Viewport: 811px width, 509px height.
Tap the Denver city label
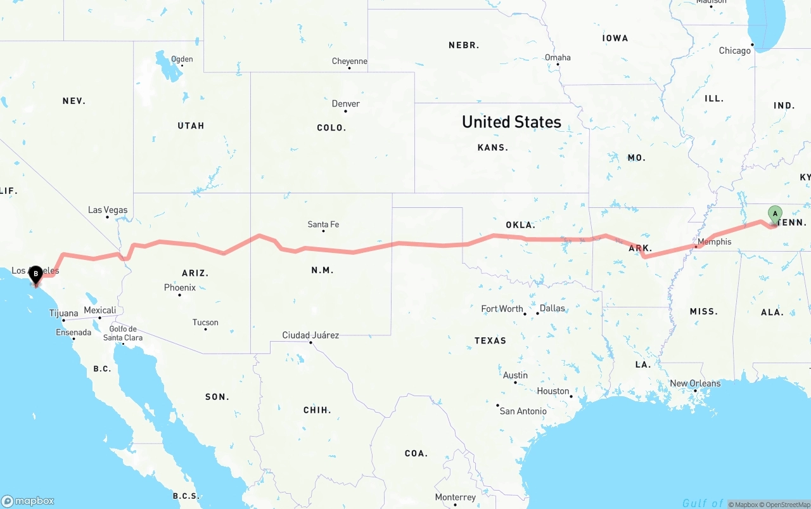pos(346,103)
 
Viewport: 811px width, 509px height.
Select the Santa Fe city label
pos(323,224)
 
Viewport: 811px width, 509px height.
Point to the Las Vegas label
pos(108,210)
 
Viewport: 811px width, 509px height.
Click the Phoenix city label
pos(180,287)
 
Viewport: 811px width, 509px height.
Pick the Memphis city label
pos(714,242)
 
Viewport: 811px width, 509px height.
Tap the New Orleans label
pos(695,383)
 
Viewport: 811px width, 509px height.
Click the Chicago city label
pos(734,51)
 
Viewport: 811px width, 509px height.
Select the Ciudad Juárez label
pos(310,335)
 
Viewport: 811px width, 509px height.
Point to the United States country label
pos(511,122)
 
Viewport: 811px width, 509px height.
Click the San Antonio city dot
pos(498,405)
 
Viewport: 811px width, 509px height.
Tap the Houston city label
pos(553,390)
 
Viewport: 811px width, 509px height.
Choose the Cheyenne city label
pos(350,61)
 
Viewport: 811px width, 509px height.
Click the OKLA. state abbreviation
pos(520,225)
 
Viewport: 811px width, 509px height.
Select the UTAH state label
pos(191,126)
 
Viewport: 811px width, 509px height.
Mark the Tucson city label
pos(205,322)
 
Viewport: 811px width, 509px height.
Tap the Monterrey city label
pos(456,497)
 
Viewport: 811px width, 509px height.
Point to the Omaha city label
pos(558,57)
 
